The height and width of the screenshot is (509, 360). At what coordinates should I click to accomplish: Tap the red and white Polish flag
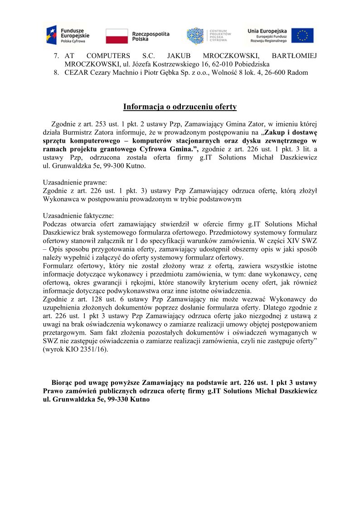117,36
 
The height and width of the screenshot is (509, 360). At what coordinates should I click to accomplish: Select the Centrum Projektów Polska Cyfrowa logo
209,36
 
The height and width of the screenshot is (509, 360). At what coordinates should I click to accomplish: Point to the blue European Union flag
302,35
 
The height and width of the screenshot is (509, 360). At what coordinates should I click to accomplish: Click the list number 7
56,56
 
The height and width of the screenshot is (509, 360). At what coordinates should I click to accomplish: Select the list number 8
56,73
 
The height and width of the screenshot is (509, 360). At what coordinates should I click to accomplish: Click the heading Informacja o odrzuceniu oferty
180,107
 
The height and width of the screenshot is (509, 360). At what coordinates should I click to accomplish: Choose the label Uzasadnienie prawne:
75,182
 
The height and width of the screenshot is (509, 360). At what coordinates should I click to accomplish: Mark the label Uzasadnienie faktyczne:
78,216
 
